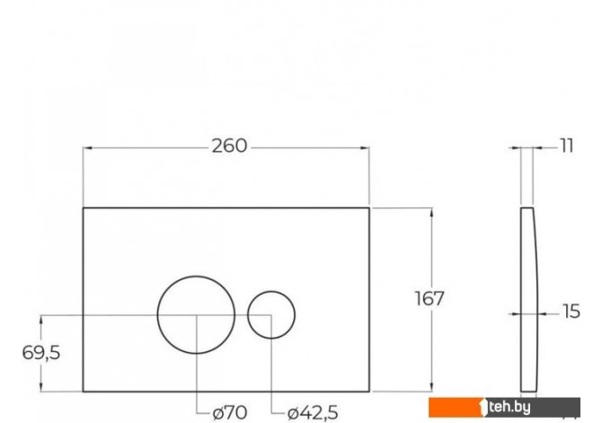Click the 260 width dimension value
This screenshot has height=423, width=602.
229,146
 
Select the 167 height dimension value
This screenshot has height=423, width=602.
429,298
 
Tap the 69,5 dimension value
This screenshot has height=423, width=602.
41,352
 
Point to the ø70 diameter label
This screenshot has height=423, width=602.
230,412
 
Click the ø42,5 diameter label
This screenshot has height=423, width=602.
313,412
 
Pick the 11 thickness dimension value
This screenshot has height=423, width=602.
567,146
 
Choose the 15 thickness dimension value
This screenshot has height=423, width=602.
571,312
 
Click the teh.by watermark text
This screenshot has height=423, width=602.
509,407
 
